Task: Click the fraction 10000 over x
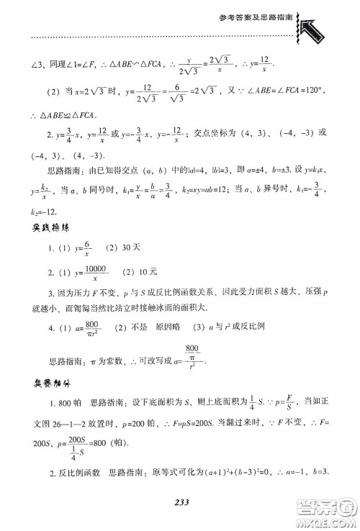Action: pos(94,272)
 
